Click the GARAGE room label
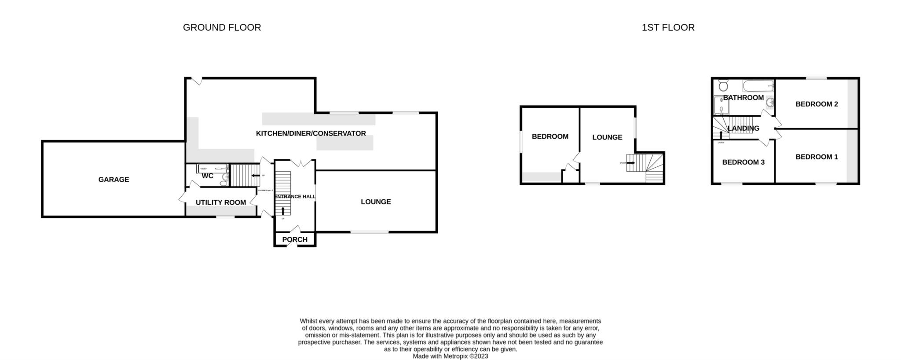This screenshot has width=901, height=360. coord(114,180)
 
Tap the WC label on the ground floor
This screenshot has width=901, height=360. coord(207,176)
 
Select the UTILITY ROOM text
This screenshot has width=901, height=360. coord(220,202)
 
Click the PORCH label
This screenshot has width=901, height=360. coord(295,240)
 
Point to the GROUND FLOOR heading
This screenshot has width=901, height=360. coord(222,27)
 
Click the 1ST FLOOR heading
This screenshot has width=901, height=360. coord(668,27)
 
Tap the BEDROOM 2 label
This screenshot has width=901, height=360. coord(817,104)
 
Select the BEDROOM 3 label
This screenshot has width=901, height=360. coord(744,162)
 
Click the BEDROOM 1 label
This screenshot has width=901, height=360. coord(817,157)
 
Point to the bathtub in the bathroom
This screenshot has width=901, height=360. coord(758,85)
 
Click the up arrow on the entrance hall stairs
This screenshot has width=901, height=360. coord(282,211)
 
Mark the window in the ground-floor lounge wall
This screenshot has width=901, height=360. coord(369,232)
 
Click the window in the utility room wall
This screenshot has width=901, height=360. coord(225,217)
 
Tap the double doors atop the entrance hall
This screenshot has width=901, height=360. coord(304,163)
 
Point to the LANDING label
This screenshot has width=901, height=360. coord(744,129)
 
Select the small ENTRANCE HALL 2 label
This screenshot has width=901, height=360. coord(265,190)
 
